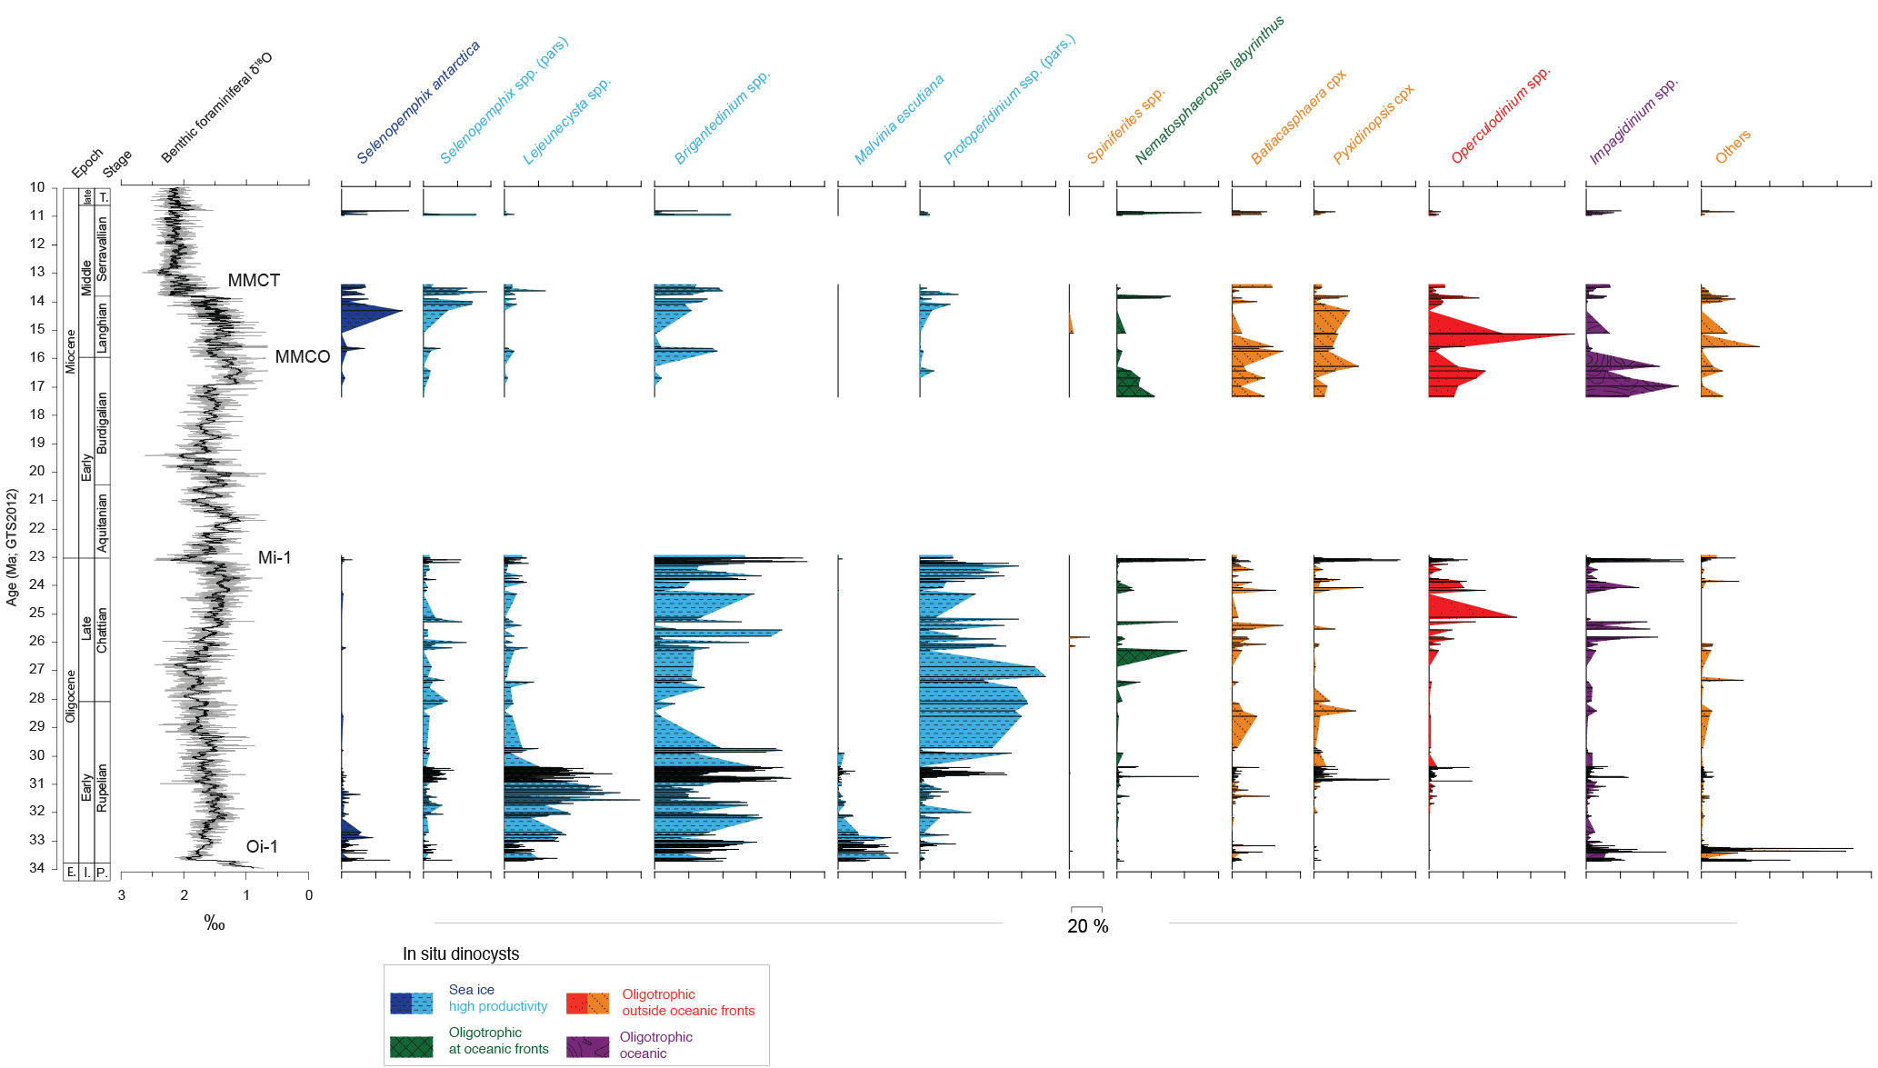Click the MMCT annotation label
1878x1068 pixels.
tap(254, 280)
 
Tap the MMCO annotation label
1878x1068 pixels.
tap(302, 356)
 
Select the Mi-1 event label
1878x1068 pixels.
tap(275, 557)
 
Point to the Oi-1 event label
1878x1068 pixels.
tap(262, 846)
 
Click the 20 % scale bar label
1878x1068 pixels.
tap(1087, 926)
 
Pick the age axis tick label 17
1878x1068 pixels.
tap(37, 385)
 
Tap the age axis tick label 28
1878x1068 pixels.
tap(37, 698)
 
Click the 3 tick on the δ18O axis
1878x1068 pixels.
tap(122, 895)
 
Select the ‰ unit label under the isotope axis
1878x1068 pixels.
tap(215, 923)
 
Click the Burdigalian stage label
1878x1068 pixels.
tap(102, 423)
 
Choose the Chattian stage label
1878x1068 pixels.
tap(102, 629)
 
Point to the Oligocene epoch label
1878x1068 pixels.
tap(71, 696)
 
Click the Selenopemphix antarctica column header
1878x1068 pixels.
tap(417, 103)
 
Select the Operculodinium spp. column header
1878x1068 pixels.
tap(1500, 115)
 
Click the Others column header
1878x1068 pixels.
tap(1732, 146)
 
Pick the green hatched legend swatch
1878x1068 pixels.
tap(411, 1046)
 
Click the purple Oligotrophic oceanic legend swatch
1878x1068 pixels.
tap(587, 1046)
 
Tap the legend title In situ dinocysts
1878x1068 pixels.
tap(461, 953)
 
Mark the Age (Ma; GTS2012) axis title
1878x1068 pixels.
tap(12, 547)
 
